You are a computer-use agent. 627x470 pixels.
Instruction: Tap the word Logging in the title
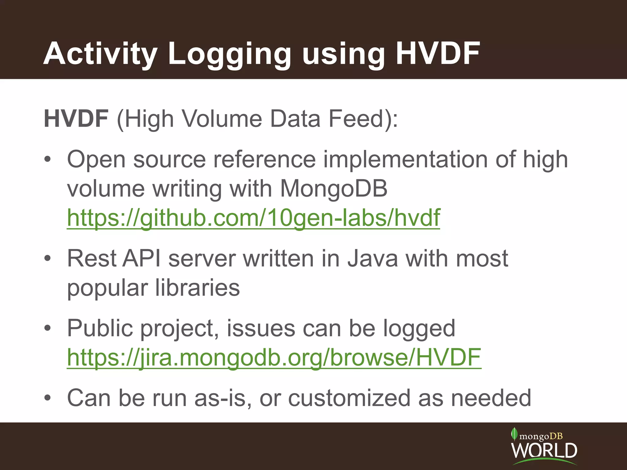pyautogui.click(x=230, y=54)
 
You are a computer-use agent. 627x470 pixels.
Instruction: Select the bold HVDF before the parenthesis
pyautogui.click(x=76, y=119)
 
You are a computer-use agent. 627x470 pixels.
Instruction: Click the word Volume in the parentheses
pyautogui.click(x=222, y=119)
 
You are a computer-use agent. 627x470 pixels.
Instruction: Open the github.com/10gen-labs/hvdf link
pyautogui.click(x=253, y=218)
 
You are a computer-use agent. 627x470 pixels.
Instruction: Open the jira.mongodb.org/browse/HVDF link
pyautogui.click(x=274, y=357)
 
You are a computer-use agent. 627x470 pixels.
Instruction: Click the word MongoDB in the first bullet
pyautogui.click(x=334, y=188)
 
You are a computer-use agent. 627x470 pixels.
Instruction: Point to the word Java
pyautogui.click(x=373, y=259)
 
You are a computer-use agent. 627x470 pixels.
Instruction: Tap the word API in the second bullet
pyautogui.click(x=141, y=259)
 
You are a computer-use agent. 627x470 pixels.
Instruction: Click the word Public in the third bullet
pyautogui.click(x=100, y=328)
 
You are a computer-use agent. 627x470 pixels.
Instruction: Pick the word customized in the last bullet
pyautogui.click(x=349, y=398)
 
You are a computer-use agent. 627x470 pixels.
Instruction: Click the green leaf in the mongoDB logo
pyautogui.click(x=514, y=434)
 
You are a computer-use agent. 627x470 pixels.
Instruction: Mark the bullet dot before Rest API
pyautogui.click(x=47, y=259)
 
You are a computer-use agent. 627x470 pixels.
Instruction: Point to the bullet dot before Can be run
pyautogui.click(x=47, y=398)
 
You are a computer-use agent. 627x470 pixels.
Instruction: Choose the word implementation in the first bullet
pyautogui.click(x=405, y=160)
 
